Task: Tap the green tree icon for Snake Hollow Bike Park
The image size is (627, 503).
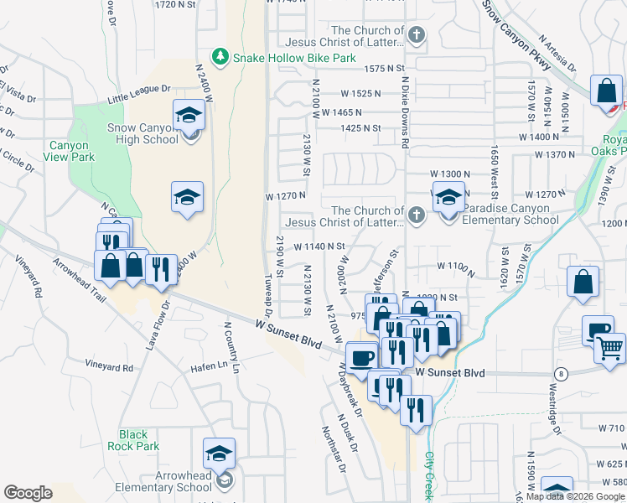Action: click(x=221, y=56)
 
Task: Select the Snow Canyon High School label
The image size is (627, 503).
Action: click(x=143, y=133)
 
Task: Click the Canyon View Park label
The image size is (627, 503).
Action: click(x=67, y=151)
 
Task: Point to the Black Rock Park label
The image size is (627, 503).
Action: click(x=133, y=440)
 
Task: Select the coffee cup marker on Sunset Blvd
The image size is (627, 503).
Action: click(x=362, y=356)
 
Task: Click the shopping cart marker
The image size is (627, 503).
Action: click(x=610, y=345)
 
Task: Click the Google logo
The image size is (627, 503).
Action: click(x=28, y=493)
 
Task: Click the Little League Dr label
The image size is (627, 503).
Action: click(x=138, y=94)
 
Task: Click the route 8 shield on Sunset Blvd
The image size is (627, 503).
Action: click(x=560, y=372)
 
